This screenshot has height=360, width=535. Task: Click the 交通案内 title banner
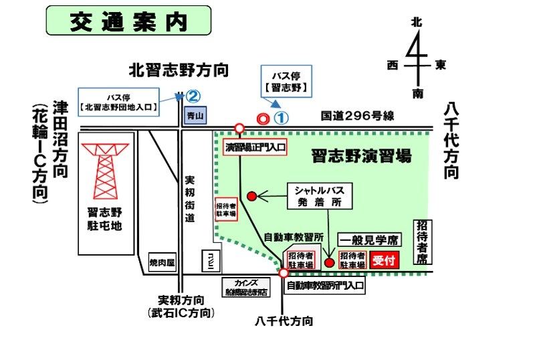tap(128, 21)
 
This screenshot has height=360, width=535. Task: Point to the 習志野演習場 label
tap(360, 157)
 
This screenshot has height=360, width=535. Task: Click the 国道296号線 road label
tap(357, 116)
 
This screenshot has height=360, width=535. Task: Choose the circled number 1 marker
tap(282, 118)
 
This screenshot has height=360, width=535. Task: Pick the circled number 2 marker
tap(193, 96)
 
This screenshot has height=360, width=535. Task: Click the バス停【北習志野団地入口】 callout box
tap(120, 102)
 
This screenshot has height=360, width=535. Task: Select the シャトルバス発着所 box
tap(319, 195)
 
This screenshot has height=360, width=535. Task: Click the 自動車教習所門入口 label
tap(326, 286)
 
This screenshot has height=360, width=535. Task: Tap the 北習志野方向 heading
tap(179, 69)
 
